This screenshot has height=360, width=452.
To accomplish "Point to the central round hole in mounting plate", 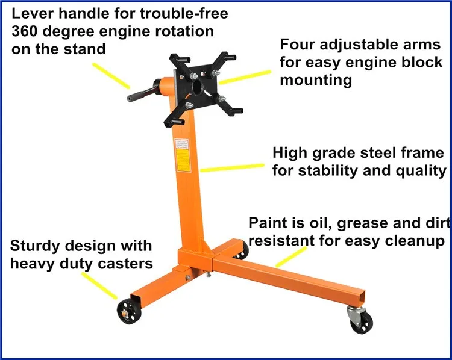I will point(198,90).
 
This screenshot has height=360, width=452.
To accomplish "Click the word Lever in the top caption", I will point(33,13).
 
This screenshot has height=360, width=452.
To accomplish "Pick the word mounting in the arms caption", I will point(316,80).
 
